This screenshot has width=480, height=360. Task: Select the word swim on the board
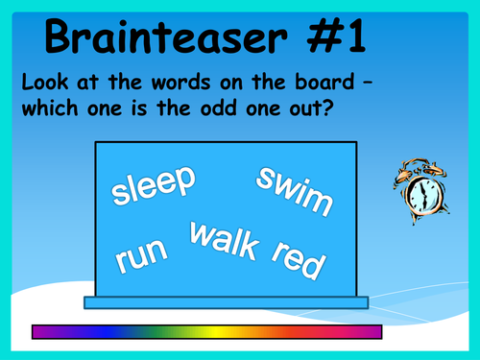point(295,190)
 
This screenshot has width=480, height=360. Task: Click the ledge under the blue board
point(227,302)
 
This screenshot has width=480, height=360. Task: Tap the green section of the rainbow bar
point(178,331)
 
